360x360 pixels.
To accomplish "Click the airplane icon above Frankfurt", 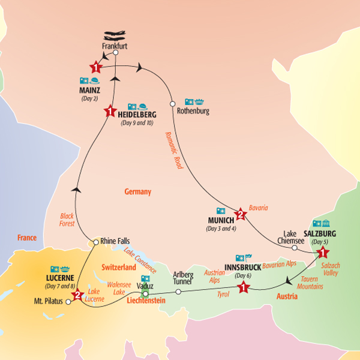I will coord(115,35).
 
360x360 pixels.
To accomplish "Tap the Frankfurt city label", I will coord(115,46).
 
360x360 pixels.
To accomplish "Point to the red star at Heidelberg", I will coord(109,111).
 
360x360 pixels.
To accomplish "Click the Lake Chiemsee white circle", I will coord(295,247).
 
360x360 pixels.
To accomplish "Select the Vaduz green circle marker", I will coord(145,294).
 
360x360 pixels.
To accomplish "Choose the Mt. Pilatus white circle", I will coord(68,302).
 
